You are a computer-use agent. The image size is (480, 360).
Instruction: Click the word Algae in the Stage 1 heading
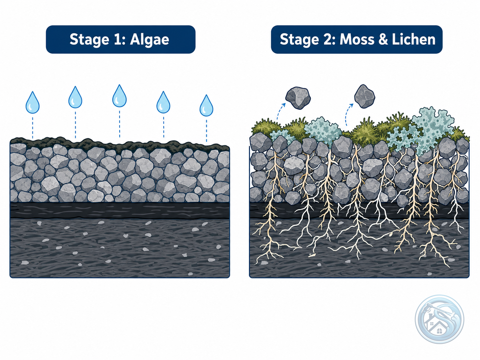point(150,40)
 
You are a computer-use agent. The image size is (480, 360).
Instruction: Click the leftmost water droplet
point(32,102)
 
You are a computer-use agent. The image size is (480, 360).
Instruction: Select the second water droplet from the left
point(75,97)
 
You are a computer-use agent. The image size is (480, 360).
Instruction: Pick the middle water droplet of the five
point(119,96)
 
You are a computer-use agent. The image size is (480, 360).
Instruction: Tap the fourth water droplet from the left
point(163,102)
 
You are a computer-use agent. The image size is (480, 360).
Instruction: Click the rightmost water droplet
point(206,105)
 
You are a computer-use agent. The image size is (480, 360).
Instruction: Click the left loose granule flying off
point(298,98)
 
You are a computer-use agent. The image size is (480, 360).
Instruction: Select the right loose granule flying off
point(365,96)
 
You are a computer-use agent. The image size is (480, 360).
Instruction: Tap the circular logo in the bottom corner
point(439,319)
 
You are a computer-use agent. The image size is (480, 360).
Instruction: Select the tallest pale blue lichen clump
point(431,129)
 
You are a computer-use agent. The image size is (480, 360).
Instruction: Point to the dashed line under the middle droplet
point(119,124)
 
